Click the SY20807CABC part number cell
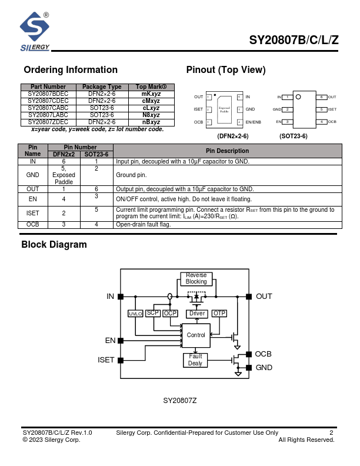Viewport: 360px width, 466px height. coord(48,108)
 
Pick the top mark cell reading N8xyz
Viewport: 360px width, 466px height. coord(151,115)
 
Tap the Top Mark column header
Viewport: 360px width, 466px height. coord(151,87)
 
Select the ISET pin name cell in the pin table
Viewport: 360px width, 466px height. coord(33,212)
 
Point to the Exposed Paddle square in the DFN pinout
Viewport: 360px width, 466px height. coord(224,109)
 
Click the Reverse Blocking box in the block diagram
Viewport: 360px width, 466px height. coord(196,279)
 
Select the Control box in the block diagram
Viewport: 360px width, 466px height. coord(196,335)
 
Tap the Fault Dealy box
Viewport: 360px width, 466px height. coord(195,360)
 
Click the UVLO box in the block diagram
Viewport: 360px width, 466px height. coord(135,314)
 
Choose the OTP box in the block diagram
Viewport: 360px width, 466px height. coord(219,314)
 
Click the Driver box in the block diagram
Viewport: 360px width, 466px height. coord(197,314)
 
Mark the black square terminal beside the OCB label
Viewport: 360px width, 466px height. coord(249,354)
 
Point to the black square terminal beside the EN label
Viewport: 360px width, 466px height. coord(121,341)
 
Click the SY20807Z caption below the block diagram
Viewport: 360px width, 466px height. coord(180,401)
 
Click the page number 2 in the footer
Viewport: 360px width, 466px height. coord(331,433)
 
